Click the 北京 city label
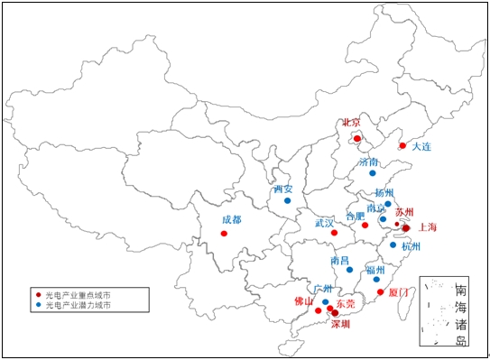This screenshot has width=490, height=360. [351, 123]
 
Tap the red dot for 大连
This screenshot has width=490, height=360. [402, 145]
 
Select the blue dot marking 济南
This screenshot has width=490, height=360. [372, 172]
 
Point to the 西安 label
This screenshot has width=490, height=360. [282, 189]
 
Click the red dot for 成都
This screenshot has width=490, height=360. [224, 234]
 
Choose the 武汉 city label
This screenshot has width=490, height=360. [324, 222]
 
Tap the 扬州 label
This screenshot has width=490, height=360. [384, 192]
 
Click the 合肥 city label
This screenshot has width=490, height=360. [356, 216]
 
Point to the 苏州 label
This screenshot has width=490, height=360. [404, 211]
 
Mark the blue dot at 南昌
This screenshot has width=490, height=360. [349, 270]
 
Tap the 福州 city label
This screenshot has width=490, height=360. [375, 270]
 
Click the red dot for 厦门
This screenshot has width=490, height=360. [380, 292]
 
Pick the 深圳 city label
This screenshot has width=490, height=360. [339, 324]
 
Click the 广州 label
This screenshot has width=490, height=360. [322, 290]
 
